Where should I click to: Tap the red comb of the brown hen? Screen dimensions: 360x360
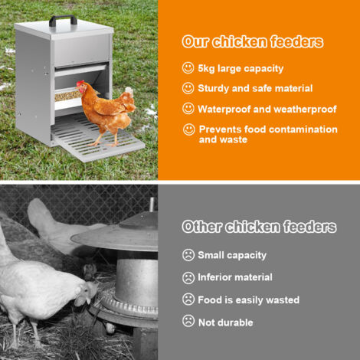(80, 83)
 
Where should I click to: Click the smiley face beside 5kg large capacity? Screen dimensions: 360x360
(188, 68)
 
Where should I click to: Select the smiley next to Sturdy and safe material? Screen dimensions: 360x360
(188, 88)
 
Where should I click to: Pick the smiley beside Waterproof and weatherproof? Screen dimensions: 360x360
(188, 109)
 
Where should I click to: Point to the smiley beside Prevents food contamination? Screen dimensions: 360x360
(189, 129)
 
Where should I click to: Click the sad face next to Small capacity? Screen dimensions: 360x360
(188, 255)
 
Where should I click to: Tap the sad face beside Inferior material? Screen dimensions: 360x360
(188, 277)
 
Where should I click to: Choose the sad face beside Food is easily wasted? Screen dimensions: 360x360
(188, 299)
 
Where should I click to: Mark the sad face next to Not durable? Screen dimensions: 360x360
(188, 321)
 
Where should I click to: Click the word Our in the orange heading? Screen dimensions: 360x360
(195, 42)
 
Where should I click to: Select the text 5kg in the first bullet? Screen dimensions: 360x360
(206, 69)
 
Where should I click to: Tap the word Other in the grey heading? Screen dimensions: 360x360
(201, 227)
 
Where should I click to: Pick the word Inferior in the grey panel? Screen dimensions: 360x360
(214, 277)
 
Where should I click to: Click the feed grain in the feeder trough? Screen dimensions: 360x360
(67, 96)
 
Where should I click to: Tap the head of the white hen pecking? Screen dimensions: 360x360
(87, 293)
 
